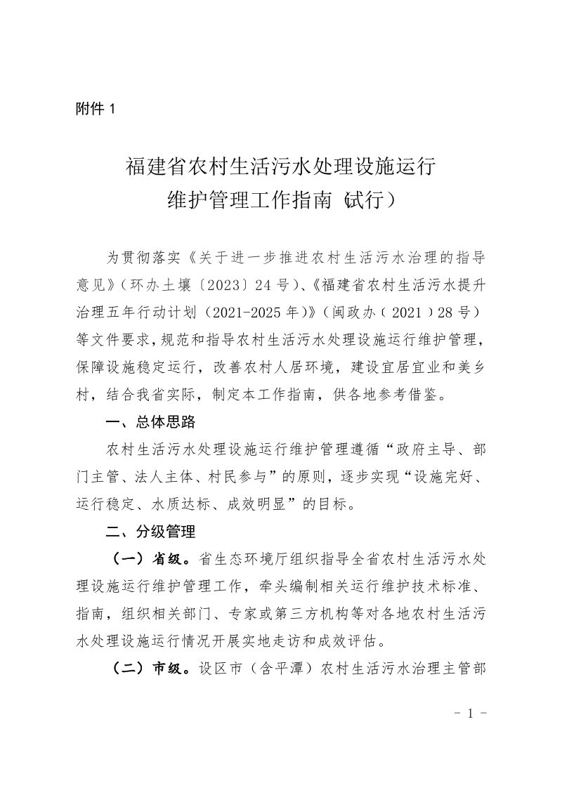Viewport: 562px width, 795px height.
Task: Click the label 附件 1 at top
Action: pyautogui.click(x=93, y=109)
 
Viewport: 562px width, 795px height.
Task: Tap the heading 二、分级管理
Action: pyautogui.click(x=150, y=531)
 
